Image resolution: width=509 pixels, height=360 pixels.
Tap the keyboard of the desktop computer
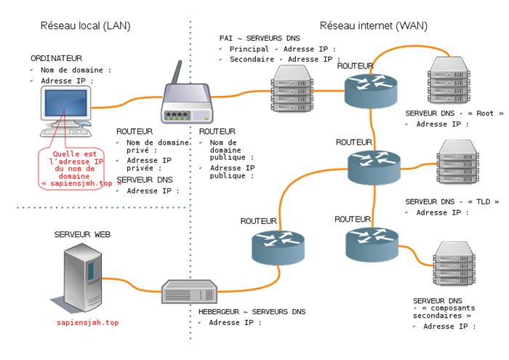coord(64,132)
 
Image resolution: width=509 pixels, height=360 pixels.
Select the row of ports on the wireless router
coord(177,114)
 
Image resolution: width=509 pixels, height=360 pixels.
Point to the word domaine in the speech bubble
coord(79,176)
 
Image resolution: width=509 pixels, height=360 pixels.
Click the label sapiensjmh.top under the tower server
coord(87,321)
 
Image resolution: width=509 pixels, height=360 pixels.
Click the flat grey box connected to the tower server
coord(189,292)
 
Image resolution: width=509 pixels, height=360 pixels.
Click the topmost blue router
coord(371,90)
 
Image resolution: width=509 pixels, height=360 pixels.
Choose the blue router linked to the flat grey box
coord(278,247)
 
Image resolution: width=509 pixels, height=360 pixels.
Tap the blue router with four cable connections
coord(374,167)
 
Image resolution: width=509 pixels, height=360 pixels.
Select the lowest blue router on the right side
coord(372,244)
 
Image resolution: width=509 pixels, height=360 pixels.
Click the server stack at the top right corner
coord(449,79)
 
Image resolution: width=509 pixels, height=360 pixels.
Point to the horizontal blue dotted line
coord(102,208)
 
